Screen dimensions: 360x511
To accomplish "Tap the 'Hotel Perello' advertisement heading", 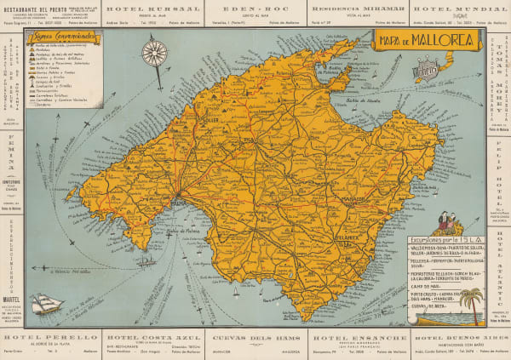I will pyautogui.click(x=56, y=338).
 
